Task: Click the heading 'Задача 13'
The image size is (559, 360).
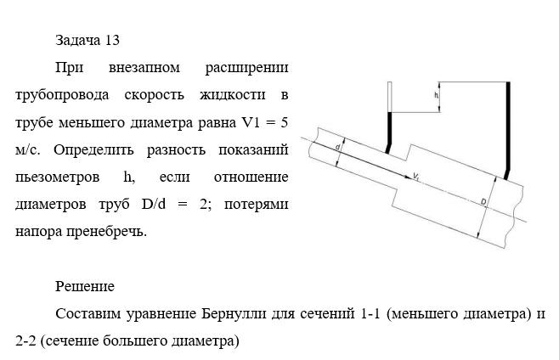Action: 93,40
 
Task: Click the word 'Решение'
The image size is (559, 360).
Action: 85,286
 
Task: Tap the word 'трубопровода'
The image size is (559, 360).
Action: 57,94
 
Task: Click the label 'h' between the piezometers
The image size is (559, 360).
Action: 436,96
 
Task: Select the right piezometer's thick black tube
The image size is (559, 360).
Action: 508,127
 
